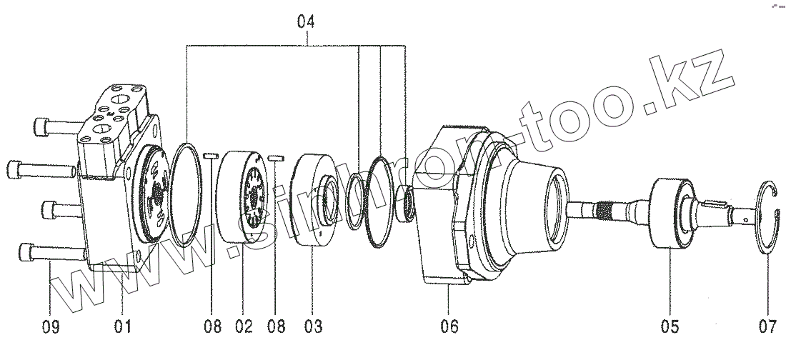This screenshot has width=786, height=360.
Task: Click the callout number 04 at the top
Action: click(306, 22)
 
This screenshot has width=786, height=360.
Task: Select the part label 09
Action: click(51, 327)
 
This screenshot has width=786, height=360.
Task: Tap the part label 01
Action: click(122, 327)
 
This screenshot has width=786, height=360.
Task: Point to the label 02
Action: click(244, 327)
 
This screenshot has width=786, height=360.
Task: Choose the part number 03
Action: click(313, 327)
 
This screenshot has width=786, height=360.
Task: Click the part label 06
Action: click(449, 327)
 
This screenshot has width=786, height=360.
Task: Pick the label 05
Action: click(670, 327)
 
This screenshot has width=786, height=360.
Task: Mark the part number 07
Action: click(767, 327)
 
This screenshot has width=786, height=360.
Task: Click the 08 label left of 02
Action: click(212, 327)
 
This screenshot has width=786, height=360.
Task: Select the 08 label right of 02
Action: click(277, 327)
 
